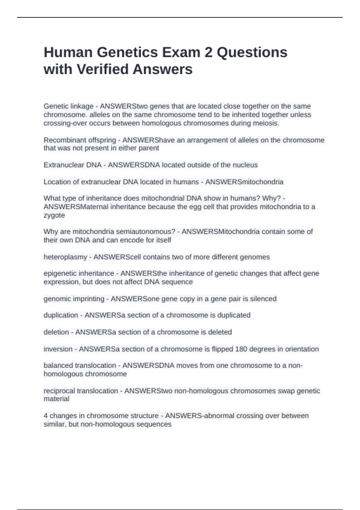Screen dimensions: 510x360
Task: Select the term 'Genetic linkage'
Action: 68,106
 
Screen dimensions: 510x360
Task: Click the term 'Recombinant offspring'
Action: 80,140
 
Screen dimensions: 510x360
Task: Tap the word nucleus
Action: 245,165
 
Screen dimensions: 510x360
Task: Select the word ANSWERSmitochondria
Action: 244,182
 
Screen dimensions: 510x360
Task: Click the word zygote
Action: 54,215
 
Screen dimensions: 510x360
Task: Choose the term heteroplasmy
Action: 65,257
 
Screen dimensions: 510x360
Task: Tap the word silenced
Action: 263,299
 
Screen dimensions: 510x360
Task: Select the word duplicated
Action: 234,315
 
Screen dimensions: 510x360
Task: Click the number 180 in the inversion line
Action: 241,349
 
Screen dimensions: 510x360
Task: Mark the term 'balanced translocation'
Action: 80,365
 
